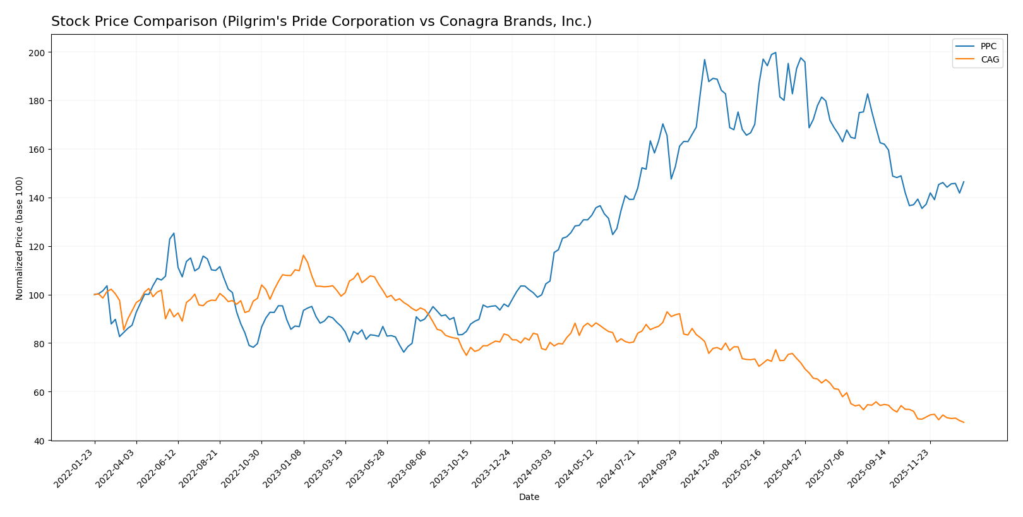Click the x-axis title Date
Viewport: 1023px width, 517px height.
point(529,497)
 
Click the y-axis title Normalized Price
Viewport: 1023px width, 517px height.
point(20,238)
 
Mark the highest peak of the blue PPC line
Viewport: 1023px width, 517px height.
point(775,52)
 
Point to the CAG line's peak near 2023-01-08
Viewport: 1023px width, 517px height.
point(303,255)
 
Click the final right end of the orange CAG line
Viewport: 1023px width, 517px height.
point(964,422)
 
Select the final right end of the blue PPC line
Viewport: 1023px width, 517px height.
point(964,182)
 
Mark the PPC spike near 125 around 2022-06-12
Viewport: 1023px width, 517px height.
point(174,233)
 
